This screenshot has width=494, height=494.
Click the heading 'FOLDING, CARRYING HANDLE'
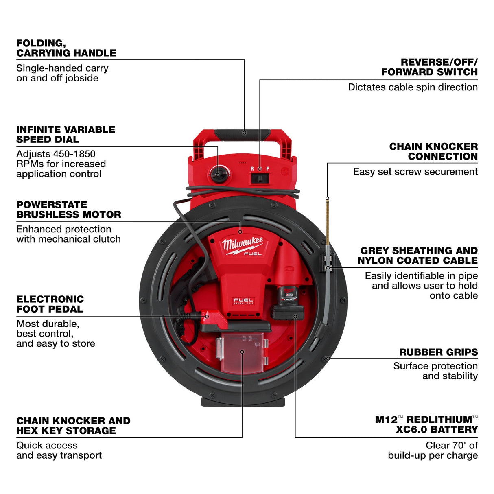pyautogui.click(x=66, y=48)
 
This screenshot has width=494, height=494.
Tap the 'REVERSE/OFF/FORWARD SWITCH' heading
pyautogui.click(x=429, y=67)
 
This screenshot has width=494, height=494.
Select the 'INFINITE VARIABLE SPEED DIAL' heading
pyautogui.click(x=66, y=134)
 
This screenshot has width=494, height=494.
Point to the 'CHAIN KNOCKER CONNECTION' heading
pyautogui.click(x=433, y=151)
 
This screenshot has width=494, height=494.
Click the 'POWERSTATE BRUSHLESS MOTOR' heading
pyautogui.click(x=68, y=210)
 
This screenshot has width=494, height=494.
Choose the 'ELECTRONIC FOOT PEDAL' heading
pyautogui.click(x=50, y=304)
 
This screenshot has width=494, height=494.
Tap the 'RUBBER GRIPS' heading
pyautogui.click(x=438, y=352)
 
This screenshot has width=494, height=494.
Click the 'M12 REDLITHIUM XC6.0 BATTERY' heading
pyautogui.click(x=426, y=424)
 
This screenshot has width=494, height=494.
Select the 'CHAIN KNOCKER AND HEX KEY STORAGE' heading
pyautogui.click(x=73, y=426)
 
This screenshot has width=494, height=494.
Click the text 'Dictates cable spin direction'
pyautogui.click(x=413, y=87)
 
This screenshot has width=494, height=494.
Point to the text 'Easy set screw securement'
pyautogui.click(x=415, y=172)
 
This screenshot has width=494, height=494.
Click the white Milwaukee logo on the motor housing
pyautogui.click(x=243, y=245)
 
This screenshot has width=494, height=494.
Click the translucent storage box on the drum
pyautogui.click(x=243, y=352)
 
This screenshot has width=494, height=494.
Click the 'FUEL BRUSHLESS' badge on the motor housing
pyautogui.click(x=243, y=301)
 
